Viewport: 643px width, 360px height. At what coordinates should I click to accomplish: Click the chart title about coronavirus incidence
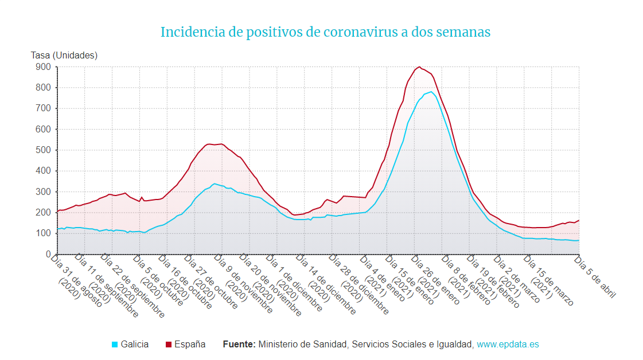tap(325, 32)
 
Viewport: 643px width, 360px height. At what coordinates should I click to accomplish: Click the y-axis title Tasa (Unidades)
tap(64, 56)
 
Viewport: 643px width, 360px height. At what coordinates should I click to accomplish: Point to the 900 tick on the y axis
tap(44, 67)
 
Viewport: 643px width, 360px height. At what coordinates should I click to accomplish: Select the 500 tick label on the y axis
tap(44, 150)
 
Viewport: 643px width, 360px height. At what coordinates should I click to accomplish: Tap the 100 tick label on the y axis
tap(44, 233)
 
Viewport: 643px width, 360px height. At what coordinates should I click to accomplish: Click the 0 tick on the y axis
tap(49, 254)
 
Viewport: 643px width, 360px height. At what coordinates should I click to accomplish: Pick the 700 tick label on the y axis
tap(44, 108)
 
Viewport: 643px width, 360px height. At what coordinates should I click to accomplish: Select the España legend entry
tap(190, 345)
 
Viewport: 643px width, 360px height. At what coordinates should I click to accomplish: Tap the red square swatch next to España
tap(169, 345)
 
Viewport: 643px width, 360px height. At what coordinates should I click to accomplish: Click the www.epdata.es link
tap(508, 345)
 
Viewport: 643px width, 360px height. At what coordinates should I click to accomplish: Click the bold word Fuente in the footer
tap(239, 345)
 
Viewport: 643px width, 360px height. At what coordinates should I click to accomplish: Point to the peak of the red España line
tap(419, 66)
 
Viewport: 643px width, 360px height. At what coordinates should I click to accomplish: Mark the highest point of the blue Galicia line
tap(431, 92)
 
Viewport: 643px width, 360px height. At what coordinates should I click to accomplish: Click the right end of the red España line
tap(579, 220)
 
